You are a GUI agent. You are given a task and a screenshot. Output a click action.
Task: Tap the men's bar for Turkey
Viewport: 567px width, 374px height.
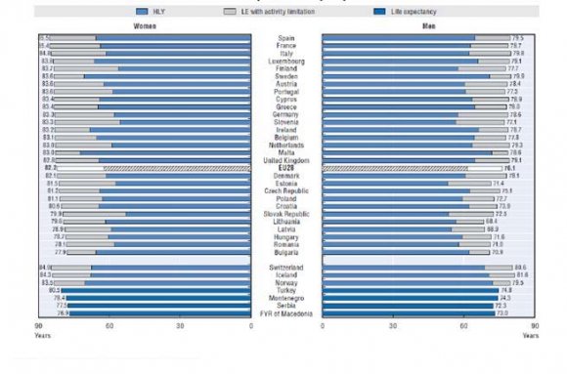point(411,290)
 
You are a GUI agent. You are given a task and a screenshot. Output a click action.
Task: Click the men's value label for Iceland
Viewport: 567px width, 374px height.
point(521,275)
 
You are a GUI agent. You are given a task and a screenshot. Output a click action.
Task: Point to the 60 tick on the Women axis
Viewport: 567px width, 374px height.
point(109,326)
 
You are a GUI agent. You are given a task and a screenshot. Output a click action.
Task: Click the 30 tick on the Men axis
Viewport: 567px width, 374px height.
point(393,326)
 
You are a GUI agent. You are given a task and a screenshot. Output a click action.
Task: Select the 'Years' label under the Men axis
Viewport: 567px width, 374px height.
point(529,335)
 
